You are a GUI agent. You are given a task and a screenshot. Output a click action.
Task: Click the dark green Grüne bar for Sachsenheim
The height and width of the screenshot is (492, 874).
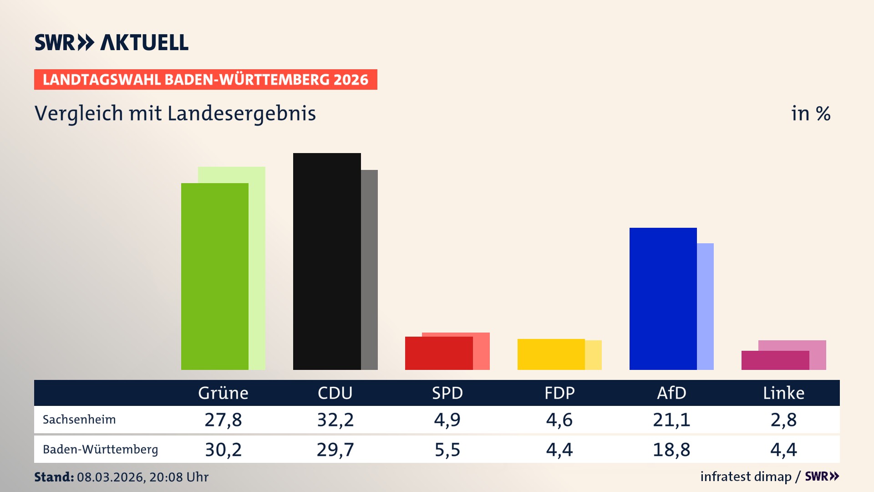coord(214,276)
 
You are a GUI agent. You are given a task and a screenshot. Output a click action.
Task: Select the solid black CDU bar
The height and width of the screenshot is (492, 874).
coord(327,261)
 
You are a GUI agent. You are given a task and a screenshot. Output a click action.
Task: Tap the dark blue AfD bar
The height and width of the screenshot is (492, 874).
coord(663,298)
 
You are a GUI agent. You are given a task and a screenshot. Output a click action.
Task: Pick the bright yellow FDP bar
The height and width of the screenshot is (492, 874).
coord(551,354)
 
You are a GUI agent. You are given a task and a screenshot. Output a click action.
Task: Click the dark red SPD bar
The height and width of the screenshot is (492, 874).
coord(439,353)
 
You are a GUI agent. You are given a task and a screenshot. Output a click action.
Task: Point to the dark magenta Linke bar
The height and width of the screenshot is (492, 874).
coord(775,360)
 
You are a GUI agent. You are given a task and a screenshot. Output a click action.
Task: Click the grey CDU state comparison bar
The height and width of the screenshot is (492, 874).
coord(369,270)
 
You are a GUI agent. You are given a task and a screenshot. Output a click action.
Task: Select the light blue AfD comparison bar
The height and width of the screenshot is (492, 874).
coord(705,306)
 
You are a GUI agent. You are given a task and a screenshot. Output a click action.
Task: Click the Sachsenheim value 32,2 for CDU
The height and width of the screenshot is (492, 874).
coord(335,420)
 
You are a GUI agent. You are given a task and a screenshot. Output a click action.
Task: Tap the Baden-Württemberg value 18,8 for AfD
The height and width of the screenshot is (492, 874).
coord(671,450)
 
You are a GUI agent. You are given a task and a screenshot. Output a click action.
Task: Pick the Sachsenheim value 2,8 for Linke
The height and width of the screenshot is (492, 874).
coord(783,420)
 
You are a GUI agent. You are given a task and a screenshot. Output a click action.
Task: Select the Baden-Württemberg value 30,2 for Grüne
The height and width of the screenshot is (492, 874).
coord(223,450)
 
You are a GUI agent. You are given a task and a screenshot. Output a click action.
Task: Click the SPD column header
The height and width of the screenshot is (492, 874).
coord(447,393)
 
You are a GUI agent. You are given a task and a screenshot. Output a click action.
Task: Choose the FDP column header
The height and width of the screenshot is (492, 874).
coord(559,393)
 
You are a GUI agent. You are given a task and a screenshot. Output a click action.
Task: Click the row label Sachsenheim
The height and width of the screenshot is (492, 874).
coord(79,420)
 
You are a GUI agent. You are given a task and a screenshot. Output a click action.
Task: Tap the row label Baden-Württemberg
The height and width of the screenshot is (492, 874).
coord(100,450)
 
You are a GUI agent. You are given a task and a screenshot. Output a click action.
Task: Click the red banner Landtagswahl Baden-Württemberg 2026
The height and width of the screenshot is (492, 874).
coord(205,79)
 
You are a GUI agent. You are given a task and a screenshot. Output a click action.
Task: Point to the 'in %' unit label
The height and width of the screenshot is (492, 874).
coord(810,113)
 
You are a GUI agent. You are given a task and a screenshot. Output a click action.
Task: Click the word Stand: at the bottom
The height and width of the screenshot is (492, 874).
coord(54,477)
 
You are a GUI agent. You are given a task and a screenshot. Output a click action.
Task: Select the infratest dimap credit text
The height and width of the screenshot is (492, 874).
coord(746,477)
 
